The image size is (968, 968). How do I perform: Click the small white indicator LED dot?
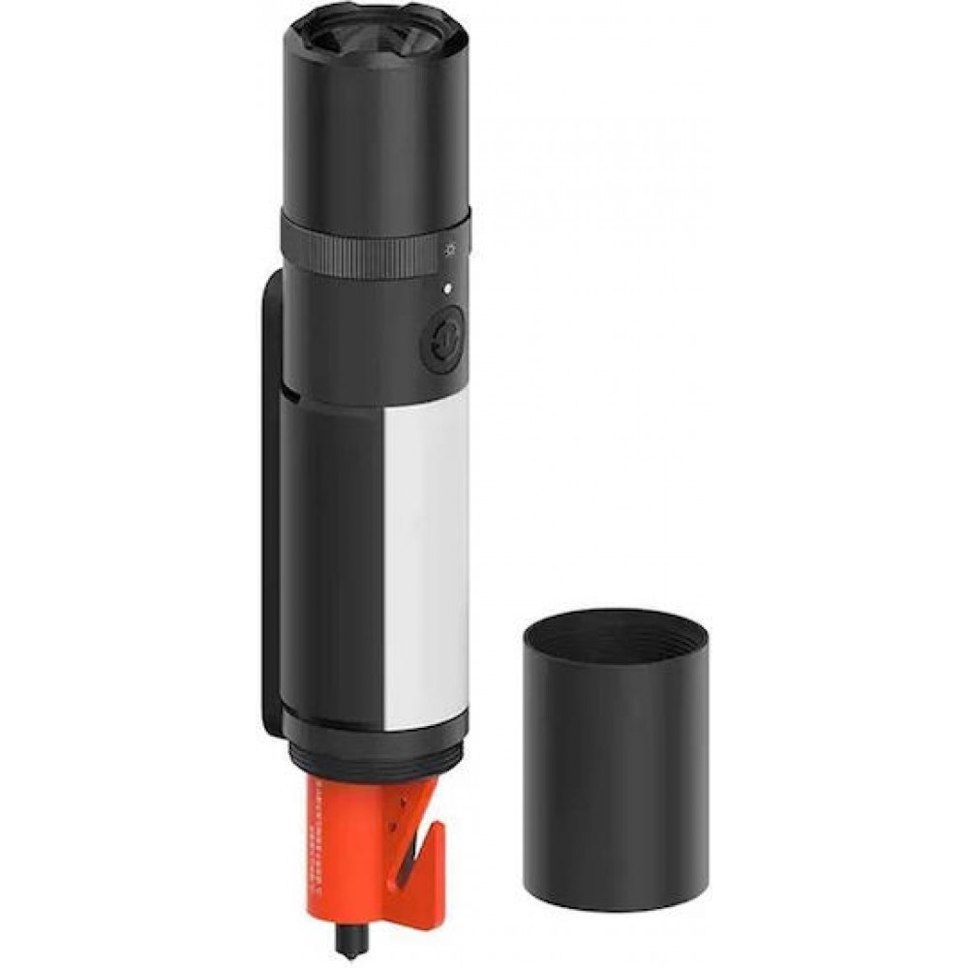447,287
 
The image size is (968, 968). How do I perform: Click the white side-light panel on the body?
426,561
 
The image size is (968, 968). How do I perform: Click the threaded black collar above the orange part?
373,750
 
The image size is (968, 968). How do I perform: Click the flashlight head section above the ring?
373,126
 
